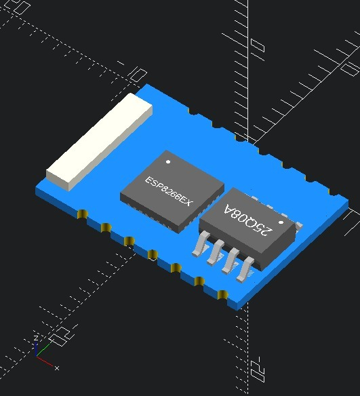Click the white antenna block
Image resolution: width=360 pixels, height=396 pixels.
98,142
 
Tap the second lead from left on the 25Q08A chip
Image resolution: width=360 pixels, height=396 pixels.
214,252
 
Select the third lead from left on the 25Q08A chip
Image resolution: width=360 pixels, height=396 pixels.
229,260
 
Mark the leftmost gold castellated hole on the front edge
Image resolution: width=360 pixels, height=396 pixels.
82,216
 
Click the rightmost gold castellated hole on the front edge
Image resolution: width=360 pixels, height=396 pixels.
222,295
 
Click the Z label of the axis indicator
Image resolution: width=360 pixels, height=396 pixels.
35,337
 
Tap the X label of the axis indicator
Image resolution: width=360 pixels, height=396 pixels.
56,368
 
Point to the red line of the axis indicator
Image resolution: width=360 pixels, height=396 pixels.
45,361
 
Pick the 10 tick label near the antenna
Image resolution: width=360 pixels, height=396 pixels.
137,73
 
